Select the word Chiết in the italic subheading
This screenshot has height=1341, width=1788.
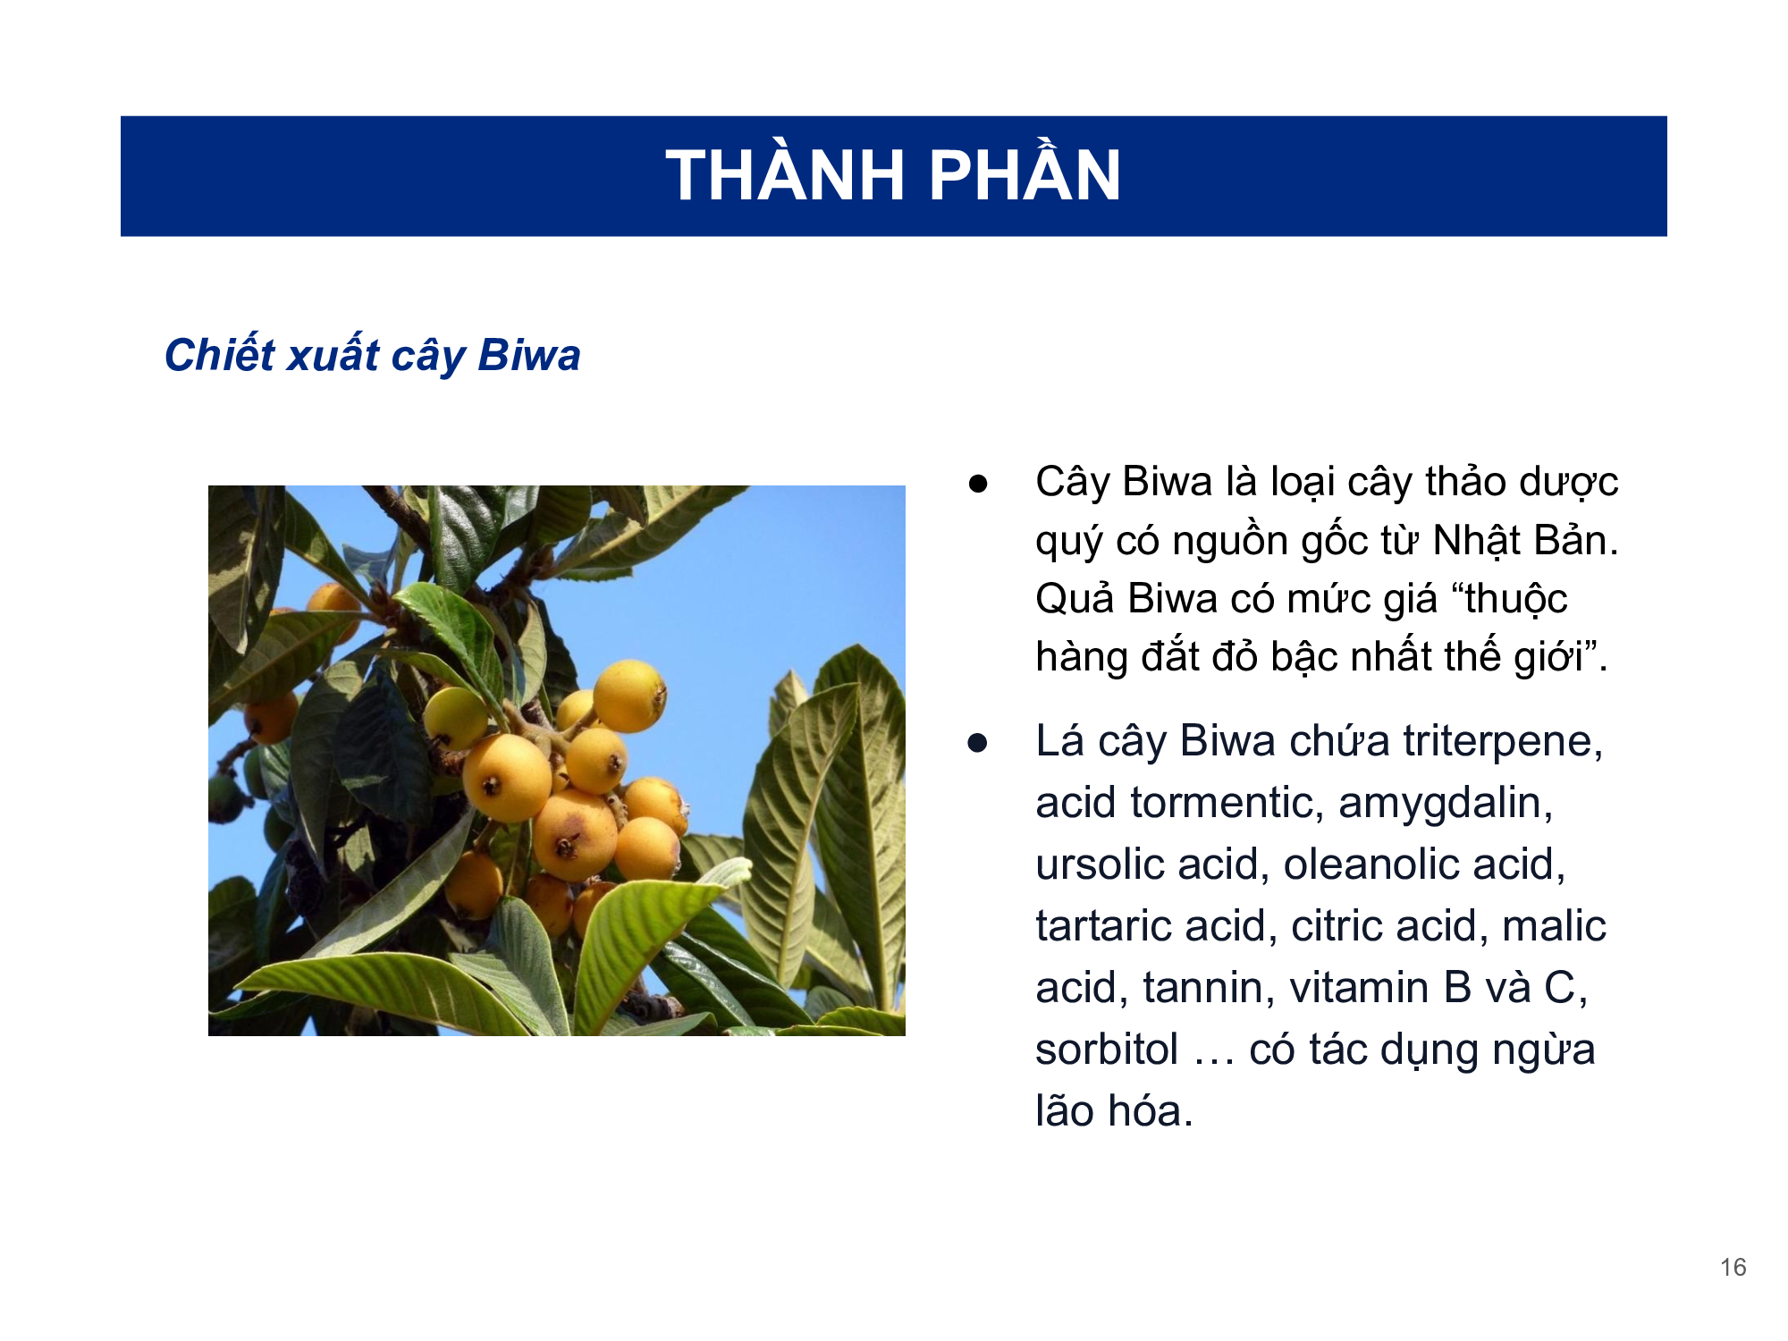click(x=220, y=354)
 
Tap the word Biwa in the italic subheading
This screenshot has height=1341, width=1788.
click(x=529, y=355)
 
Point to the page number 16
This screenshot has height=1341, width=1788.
click(x=1733, y=1267)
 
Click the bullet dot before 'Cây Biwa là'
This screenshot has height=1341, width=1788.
click(x=978, y=484)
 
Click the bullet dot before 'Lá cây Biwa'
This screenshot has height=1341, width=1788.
click(x=978, y=743)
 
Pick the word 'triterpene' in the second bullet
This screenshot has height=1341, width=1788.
click(x=1503, y=742)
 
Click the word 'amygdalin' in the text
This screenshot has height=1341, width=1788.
click(x=1446, y=804)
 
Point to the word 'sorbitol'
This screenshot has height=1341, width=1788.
click(x=1107, y=1050)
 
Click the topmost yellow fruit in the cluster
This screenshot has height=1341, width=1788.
click(x=629, y=696)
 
